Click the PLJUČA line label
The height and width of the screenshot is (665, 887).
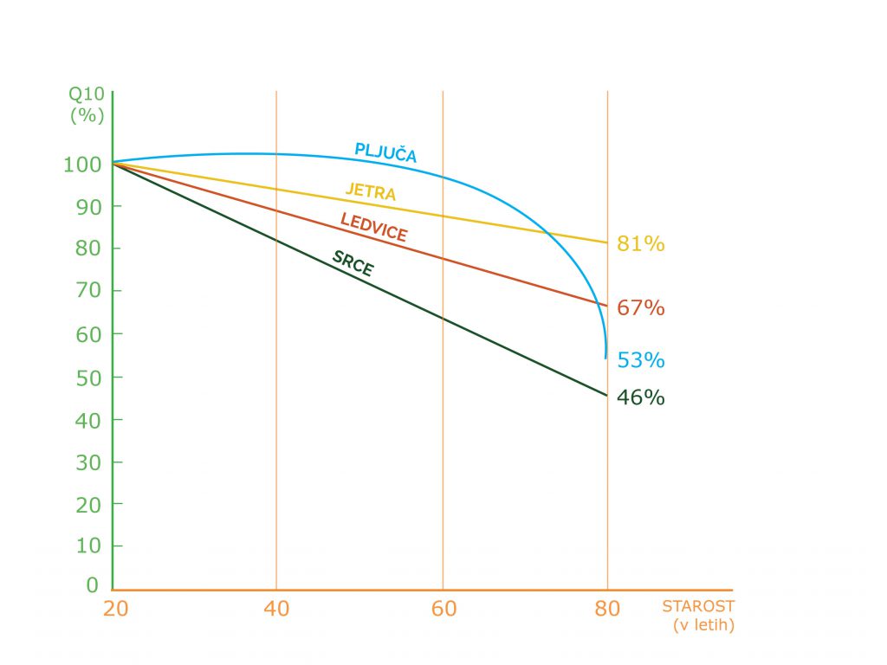tap(385, 152)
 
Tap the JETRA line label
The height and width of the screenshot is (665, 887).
tap(371, 190)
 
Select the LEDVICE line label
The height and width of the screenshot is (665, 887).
tap(373, 227)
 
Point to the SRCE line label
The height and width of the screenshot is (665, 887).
tap(353, 263)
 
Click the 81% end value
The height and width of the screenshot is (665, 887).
tap(640, 244)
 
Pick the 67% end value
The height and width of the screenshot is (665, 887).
tap(640, 307)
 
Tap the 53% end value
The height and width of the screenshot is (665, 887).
tap(640, 360)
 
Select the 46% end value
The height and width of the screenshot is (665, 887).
tap(640, 398)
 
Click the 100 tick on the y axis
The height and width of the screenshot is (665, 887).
tap(81, 164)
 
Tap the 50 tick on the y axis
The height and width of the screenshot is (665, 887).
tap(87, 378)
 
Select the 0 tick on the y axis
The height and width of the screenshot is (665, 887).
tap(93, 586)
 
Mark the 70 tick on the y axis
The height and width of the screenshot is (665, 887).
tap(87, 291)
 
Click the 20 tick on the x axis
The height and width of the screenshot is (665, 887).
tap(115, 609)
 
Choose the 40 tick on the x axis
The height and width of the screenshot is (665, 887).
tap(276, 609)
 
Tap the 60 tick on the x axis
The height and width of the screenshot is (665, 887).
tap(443, 609)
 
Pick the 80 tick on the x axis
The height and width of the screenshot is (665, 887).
tap(607, 609)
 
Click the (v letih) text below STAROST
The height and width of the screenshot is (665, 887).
tap(702, 625)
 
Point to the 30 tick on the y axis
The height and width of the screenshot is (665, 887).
tap(87, 462)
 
